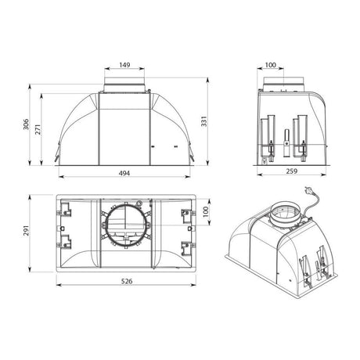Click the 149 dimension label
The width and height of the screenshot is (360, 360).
coord(124,65)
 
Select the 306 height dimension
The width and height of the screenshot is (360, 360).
coord(26,124)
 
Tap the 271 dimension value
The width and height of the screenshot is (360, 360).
coord(38,129)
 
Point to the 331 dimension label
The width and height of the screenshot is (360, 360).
coord(203,121)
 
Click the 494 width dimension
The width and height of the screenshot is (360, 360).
coord(124,173)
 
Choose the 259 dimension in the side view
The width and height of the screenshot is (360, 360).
coord(292,171)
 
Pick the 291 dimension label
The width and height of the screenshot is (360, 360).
coord(26,230)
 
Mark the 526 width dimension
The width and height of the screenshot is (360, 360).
coord(127,281)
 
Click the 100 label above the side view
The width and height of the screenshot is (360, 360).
coord(271,65)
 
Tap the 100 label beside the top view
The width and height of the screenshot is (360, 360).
coord(206,211)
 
